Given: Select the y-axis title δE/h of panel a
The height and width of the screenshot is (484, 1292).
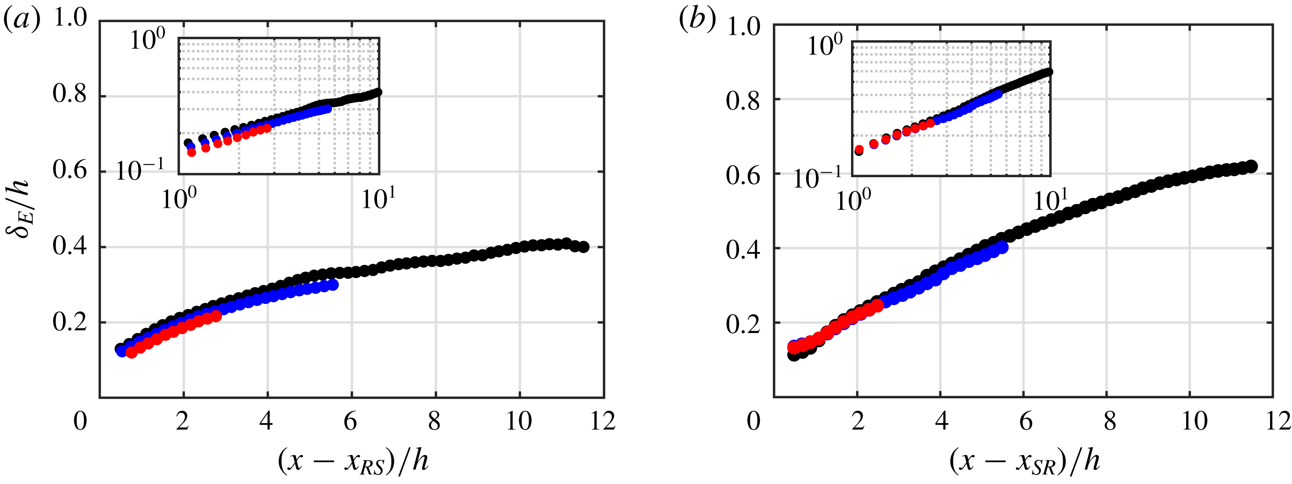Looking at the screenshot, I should pyautogui.click(x=19, y=210).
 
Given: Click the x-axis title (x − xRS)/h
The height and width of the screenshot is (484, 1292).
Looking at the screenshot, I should pyautogui.click(x=353, y=461).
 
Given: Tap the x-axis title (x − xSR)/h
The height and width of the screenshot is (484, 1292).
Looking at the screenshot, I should pyautogui.click(x=1024, y=461).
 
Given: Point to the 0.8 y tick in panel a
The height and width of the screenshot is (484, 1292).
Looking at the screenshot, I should pyautogui.click(x=70, y=94).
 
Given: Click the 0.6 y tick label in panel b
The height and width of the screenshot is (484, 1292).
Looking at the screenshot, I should pyautogui.click(x=743, y=175).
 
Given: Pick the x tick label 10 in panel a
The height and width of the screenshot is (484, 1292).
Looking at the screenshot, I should pyautogui.click(x=519, y=421).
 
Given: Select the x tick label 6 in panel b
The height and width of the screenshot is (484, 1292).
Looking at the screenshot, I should pyautogui.click(x=1026, y=421).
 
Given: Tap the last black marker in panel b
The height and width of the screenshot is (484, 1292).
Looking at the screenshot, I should pyautogui.click(x=1251, y=166).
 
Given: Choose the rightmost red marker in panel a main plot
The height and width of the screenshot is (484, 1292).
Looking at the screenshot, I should pyautogui.click(x=216, y=316).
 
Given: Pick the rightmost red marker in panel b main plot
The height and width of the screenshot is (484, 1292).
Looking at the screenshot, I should pyautogui.click(x=878, y=305).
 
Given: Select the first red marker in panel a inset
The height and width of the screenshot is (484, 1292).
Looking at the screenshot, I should pyautogui.click(x=191, y=153).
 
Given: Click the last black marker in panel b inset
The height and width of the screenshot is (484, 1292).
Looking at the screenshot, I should pyautogui.click(x=1049, y=72).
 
